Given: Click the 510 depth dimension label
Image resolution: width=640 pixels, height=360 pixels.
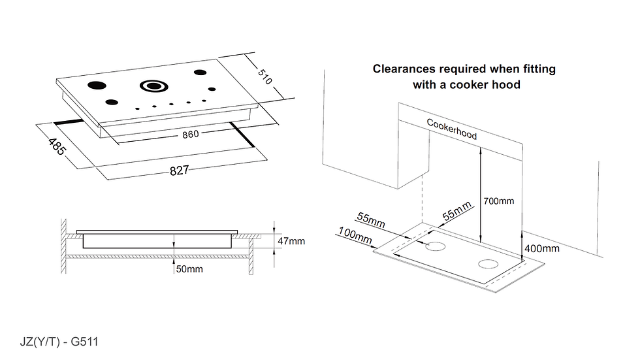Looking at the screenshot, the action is (264, 76).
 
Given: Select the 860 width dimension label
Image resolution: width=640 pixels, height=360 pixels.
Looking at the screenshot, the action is (191, 134).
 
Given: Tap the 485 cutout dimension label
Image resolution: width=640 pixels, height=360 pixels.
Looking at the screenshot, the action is (56, 147).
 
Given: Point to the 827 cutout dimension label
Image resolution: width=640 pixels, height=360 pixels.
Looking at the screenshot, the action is (179, 171).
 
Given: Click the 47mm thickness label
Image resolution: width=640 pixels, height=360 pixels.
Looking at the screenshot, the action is (291, 241).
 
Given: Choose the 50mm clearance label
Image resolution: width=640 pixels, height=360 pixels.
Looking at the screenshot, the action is (189, 269).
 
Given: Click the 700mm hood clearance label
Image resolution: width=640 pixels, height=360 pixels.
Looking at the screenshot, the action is (498, 201).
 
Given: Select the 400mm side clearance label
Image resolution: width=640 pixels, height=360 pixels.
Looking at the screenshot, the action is (541, 248).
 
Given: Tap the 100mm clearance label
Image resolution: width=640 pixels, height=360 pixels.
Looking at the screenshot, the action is (355, 235).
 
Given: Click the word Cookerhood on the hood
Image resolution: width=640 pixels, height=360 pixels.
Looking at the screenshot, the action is (452, 129).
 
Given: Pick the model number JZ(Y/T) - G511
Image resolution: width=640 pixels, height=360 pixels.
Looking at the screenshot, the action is (59, 342).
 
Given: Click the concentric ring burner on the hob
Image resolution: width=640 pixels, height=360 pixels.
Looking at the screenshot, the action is (154, 86).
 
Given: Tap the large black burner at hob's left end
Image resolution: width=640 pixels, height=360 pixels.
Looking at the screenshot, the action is (97, 86).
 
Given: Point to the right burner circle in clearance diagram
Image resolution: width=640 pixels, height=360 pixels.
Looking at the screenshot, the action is (488, 264).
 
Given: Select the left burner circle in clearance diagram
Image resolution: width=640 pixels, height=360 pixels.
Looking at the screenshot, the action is (436, 246).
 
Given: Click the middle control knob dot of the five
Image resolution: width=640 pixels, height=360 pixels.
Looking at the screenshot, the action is (171, 105).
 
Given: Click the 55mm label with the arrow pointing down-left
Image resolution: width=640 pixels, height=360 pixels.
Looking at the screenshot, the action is (457, 210).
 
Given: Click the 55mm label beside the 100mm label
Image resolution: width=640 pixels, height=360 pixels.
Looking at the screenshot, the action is (371, 220).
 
